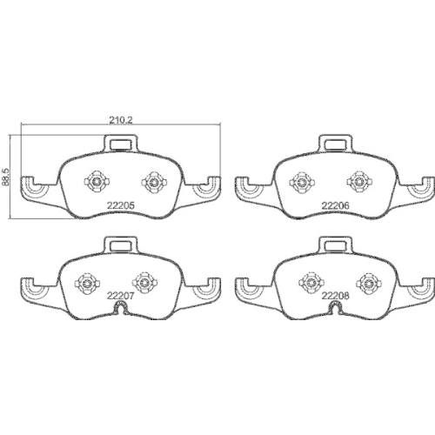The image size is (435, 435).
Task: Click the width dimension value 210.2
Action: point(121,120)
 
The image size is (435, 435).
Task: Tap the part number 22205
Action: point(121,205)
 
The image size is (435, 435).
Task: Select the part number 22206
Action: point(336,205)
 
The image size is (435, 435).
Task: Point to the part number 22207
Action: point(121,296)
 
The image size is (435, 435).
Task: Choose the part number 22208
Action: point(336,296)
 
